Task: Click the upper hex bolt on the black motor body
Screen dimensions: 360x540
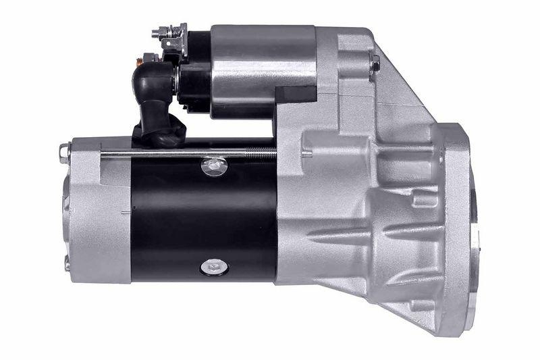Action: coord(214,165)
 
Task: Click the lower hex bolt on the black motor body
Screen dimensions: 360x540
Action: coord(214,267)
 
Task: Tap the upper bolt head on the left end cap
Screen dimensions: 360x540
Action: coord(65,152)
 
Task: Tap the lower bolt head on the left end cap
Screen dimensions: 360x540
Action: coord(66,262)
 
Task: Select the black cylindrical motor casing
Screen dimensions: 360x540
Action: coord(202,216)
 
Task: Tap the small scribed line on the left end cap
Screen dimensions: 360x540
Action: coord(126,213)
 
